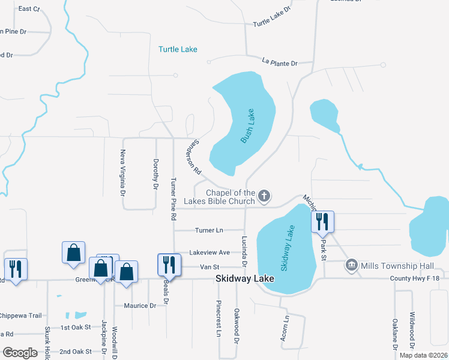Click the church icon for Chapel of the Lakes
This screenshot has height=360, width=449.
coord(264,196)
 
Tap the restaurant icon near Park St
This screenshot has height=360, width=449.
coord(322,221)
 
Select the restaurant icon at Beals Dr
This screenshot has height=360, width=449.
coord(169,264)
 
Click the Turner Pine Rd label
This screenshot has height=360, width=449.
coord(173,197)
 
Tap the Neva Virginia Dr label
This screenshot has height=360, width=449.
coord(123,173)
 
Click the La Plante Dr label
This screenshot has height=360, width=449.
coord(280,61)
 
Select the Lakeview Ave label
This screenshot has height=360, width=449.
coord(209,253)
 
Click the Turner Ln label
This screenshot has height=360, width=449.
coord(209,230)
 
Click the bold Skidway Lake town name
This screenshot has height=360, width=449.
coord(245,279)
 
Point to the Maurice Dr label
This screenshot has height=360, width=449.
coord(140,305)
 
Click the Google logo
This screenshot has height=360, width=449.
coord(20,353)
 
